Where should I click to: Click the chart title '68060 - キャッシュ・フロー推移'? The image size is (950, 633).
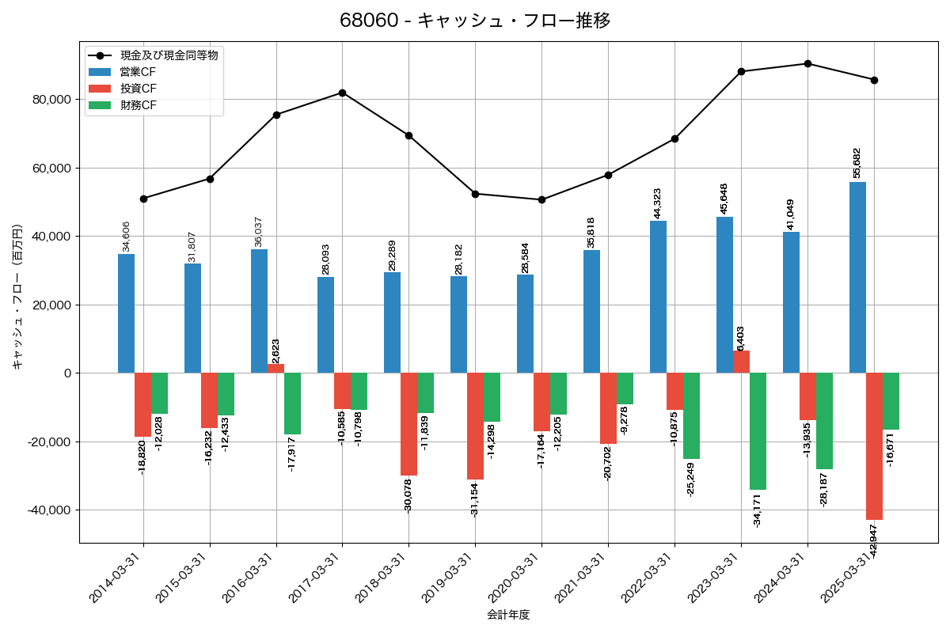tap(475, 21)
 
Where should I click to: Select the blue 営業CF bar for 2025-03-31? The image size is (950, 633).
tap(857, 277)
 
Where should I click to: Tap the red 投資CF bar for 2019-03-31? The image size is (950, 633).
tap(475, 426)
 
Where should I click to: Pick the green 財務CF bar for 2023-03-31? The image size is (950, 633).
tap(758, 431)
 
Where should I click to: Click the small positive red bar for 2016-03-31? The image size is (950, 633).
tap(275, 368)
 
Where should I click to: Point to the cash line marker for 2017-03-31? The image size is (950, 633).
tap(342, 93)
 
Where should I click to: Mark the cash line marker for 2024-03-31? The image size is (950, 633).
tap(807, 63)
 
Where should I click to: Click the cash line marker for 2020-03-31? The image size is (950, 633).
tap(541, 199)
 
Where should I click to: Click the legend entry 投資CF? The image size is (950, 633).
tap(139, 88)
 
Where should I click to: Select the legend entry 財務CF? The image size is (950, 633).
tap(139, 104)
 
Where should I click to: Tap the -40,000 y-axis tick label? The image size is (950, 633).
tap(47, 510)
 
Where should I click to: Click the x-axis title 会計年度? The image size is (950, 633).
tap(508, 615)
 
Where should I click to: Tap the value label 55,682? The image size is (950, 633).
tap(857, 163)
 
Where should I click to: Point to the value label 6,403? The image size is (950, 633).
tap(741, 338)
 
